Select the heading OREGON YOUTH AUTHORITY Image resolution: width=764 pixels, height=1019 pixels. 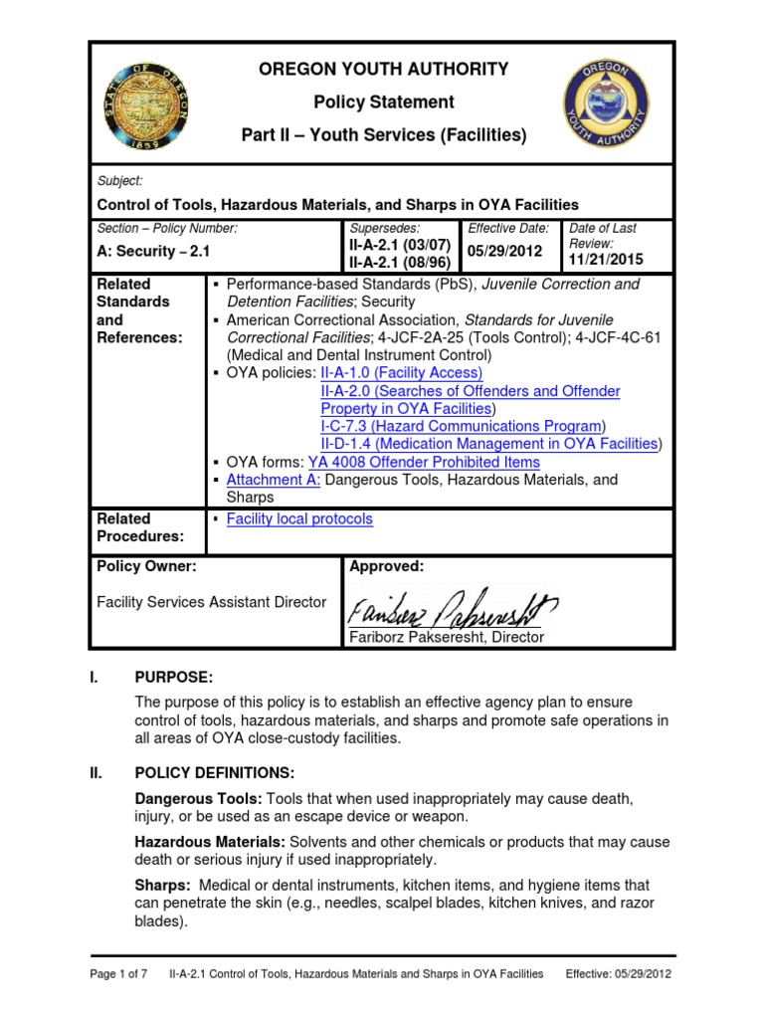pyautogui.click(x=384, y=69)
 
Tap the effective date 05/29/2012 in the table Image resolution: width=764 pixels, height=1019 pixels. pyautogui.click(x=507, y=253)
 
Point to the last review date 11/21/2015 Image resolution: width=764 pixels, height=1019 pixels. pyautogui.click(x=606, y=260)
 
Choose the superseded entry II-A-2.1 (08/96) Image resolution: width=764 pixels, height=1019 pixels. pyautogui.click(x=398, y=264)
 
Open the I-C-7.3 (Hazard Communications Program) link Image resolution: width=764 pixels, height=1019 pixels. pyautogui.click(x=462, y=426)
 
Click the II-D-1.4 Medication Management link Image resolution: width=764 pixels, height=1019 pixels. pyautogui.click(x=488, y=444)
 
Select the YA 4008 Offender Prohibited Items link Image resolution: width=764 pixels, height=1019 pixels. pyautogui.click(x=424, y=462)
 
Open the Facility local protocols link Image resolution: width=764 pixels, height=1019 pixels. pyautogui.click(x=299, y=518)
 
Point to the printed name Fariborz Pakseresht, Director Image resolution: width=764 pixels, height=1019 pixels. pyautogui.click(x=446, y=637)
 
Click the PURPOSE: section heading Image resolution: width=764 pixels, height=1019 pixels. pyautogui.click(x=174, y=677)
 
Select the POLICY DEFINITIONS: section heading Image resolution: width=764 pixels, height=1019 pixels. pyautogui.click(x=214, y=772)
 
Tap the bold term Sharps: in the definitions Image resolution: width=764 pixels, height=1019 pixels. pyautogui.click(x=161, y=885)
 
